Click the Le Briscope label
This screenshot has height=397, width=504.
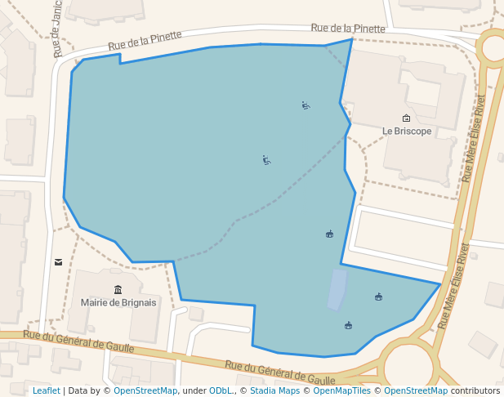407,131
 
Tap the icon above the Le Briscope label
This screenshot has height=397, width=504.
407,118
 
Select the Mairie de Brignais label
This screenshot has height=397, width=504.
118,302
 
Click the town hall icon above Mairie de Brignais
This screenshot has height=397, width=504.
118,289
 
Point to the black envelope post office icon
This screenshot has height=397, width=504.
58,262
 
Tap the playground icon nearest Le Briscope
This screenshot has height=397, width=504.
306,105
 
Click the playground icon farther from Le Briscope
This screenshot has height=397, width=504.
266,160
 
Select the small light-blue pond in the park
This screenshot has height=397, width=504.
337,290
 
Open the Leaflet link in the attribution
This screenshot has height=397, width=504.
46,391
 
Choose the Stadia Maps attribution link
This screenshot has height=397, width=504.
274,391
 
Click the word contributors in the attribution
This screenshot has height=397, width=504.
475,391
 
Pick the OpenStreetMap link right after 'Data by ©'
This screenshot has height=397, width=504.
145,391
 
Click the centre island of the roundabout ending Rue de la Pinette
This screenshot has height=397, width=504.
495,47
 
